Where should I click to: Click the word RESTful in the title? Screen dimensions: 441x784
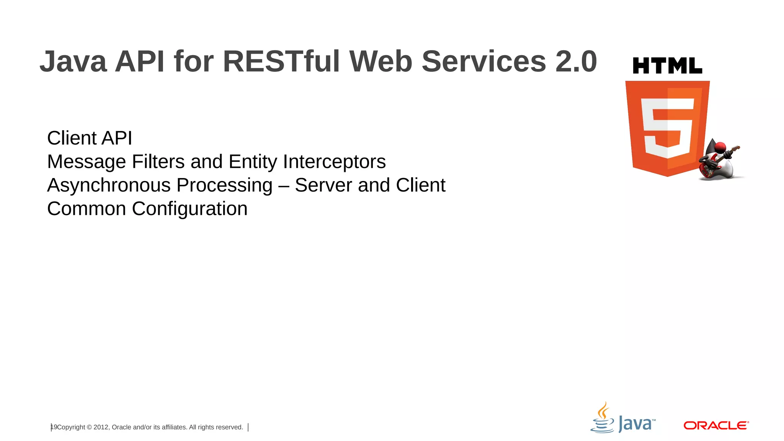click(x=281, y=61)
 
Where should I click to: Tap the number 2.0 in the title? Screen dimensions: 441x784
click(x=576, y=61)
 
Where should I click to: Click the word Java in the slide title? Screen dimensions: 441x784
click(x=73, y=61)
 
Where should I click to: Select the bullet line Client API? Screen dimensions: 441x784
click(x=90, y=138)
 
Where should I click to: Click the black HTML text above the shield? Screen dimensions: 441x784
click(x=667, y=66)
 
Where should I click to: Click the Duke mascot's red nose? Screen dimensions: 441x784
click(x=720, y=147)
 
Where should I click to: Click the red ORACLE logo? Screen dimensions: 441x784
click(x=716, y=425)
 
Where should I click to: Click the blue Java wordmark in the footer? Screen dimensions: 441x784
click(x=635, y=424)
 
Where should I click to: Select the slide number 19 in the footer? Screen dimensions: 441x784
click(x=54, y=427)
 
